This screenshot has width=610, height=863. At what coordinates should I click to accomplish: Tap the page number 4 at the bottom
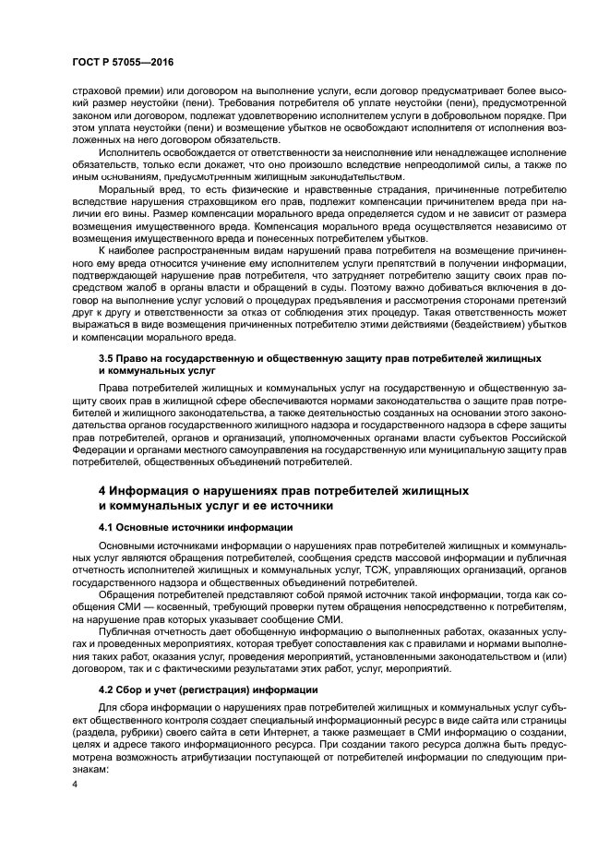tap(75, 785)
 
